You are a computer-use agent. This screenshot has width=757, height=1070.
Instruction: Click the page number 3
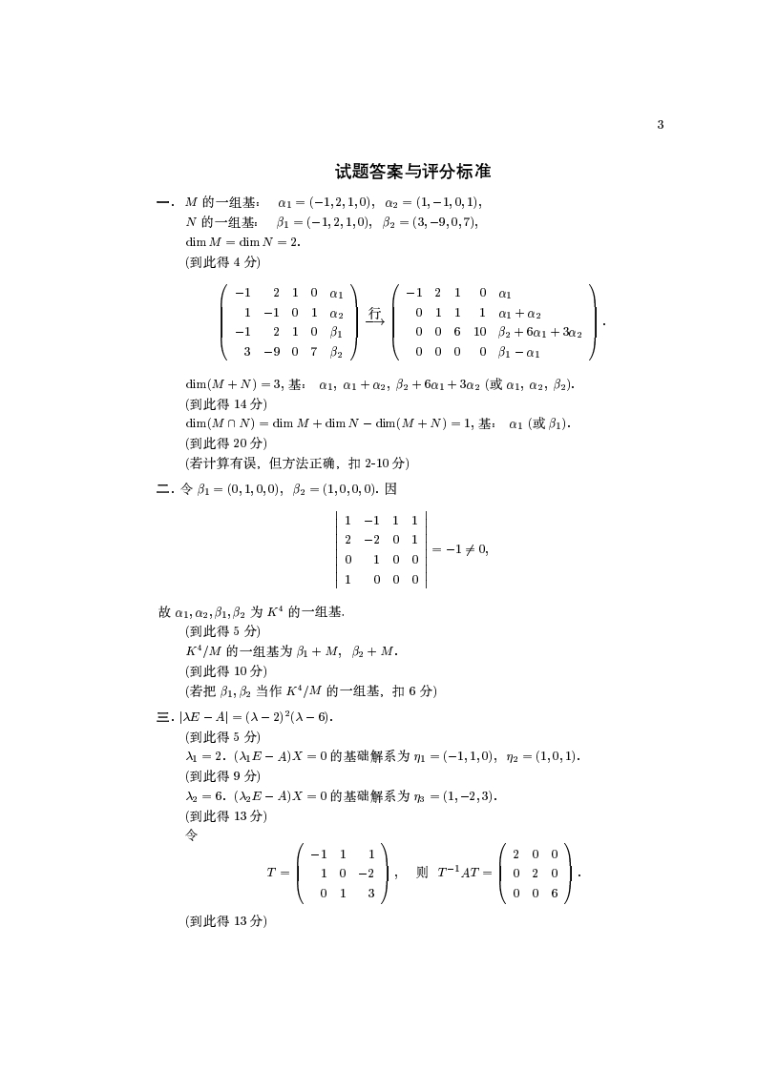(661, 125)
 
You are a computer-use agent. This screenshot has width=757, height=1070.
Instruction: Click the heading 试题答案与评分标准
(412, 172)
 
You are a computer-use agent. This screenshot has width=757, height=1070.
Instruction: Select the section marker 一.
(164, 202)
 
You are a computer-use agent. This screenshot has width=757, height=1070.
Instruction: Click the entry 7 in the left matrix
(313, 352)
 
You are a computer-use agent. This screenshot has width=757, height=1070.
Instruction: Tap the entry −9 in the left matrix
(271, 352)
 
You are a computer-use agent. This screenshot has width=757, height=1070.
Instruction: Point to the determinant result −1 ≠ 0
(460, 548)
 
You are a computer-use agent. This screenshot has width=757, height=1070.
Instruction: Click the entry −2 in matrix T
(366, 873)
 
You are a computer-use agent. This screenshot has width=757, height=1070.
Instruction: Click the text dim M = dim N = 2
(242, 242)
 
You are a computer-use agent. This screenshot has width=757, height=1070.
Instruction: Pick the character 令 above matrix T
(191, 834)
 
